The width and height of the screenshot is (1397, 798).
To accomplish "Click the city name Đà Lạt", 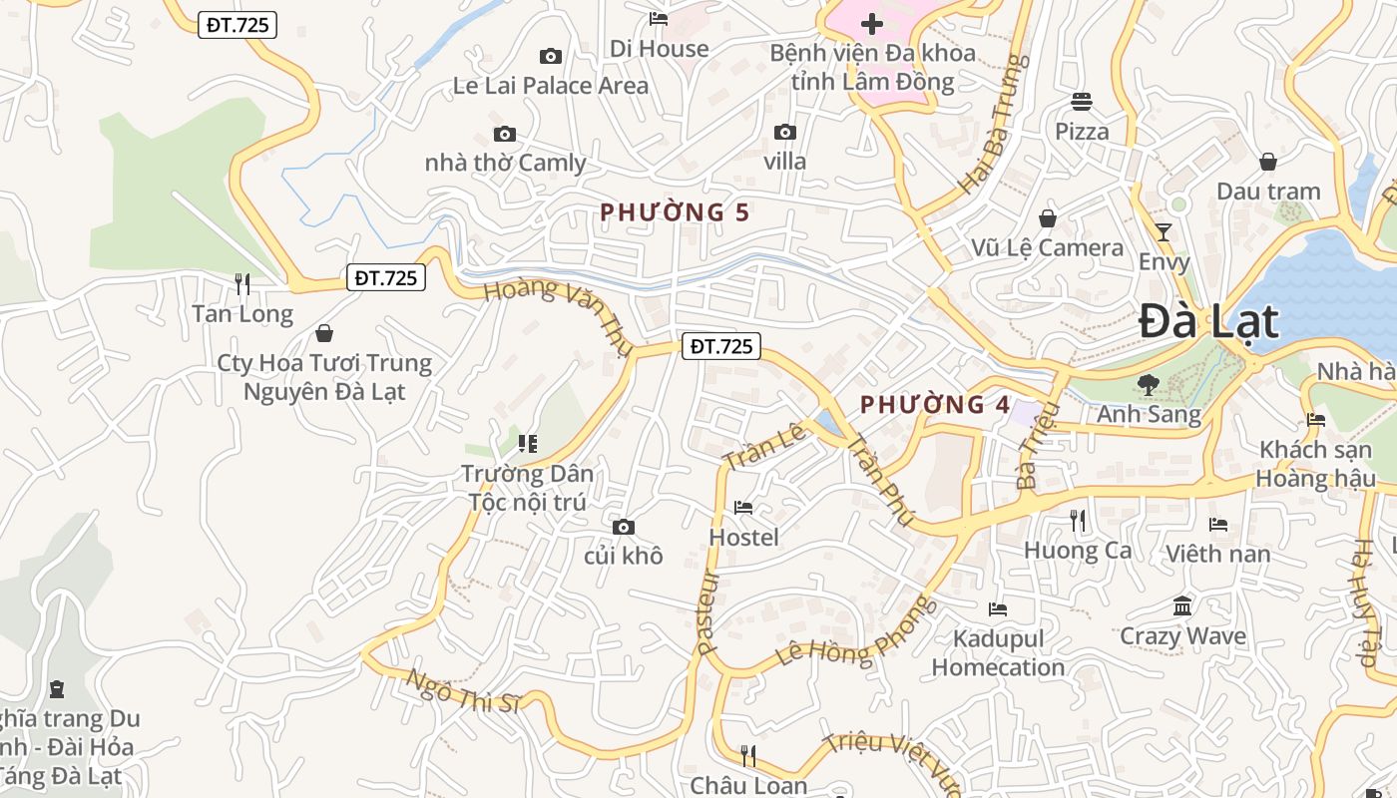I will pyautogui.click(x=1208, y=322).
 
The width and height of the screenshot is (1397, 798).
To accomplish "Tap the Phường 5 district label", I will pyautogui.click(x=675, y=211).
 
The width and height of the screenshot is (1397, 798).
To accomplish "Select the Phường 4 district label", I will pyautogui.click(x=935, y=404).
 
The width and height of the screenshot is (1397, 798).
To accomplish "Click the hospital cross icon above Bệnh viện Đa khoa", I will pyautogui.click(x=872, y=23).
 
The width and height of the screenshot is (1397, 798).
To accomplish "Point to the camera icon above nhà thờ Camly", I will pyautogui.click(x=505, y=134).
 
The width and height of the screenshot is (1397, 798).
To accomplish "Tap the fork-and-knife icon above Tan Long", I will pyautogui.click(x=242, y=284).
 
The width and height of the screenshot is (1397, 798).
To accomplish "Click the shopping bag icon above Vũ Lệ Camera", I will pyautogui.click(x=1048, y=217).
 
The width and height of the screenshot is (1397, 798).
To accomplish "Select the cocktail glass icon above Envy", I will pyautogui.click(x=1163, y=232).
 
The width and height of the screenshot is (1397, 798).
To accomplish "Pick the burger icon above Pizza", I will pyautogui.click(x=1082, y=101).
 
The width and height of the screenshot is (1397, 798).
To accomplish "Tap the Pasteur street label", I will pyautogui.click(x=709, y=611).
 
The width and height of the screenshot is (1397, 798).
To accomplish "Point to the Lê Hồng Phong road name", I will pyautogui.click(x=857, y=630).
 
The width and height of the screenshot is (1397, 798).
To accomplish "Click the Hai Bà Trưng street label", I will pyautogui.click(x=993, y=125).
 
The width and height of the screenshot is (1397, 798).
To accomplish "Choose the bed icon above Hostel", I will pyautogui.click(x=743, y=508).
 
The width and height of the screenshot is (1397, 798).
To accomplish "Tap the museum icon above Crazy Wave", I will pyautogui.click(x=1182, y=605).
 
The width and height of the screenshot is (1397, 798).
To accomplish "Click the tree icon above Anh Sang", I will pyautogui.click(x=1149, y=384).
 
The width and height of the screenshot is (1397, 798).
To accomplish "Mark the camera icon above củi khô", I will pyautogui.click(x=624, y=527).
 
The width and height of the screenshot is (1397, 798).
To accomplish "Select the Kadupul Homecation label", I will pyautogui.click(x=998, y=652).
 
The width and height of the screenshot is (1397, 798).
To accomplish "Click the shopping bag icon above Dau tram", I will pyautogui.click(x=1268, y=161).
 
